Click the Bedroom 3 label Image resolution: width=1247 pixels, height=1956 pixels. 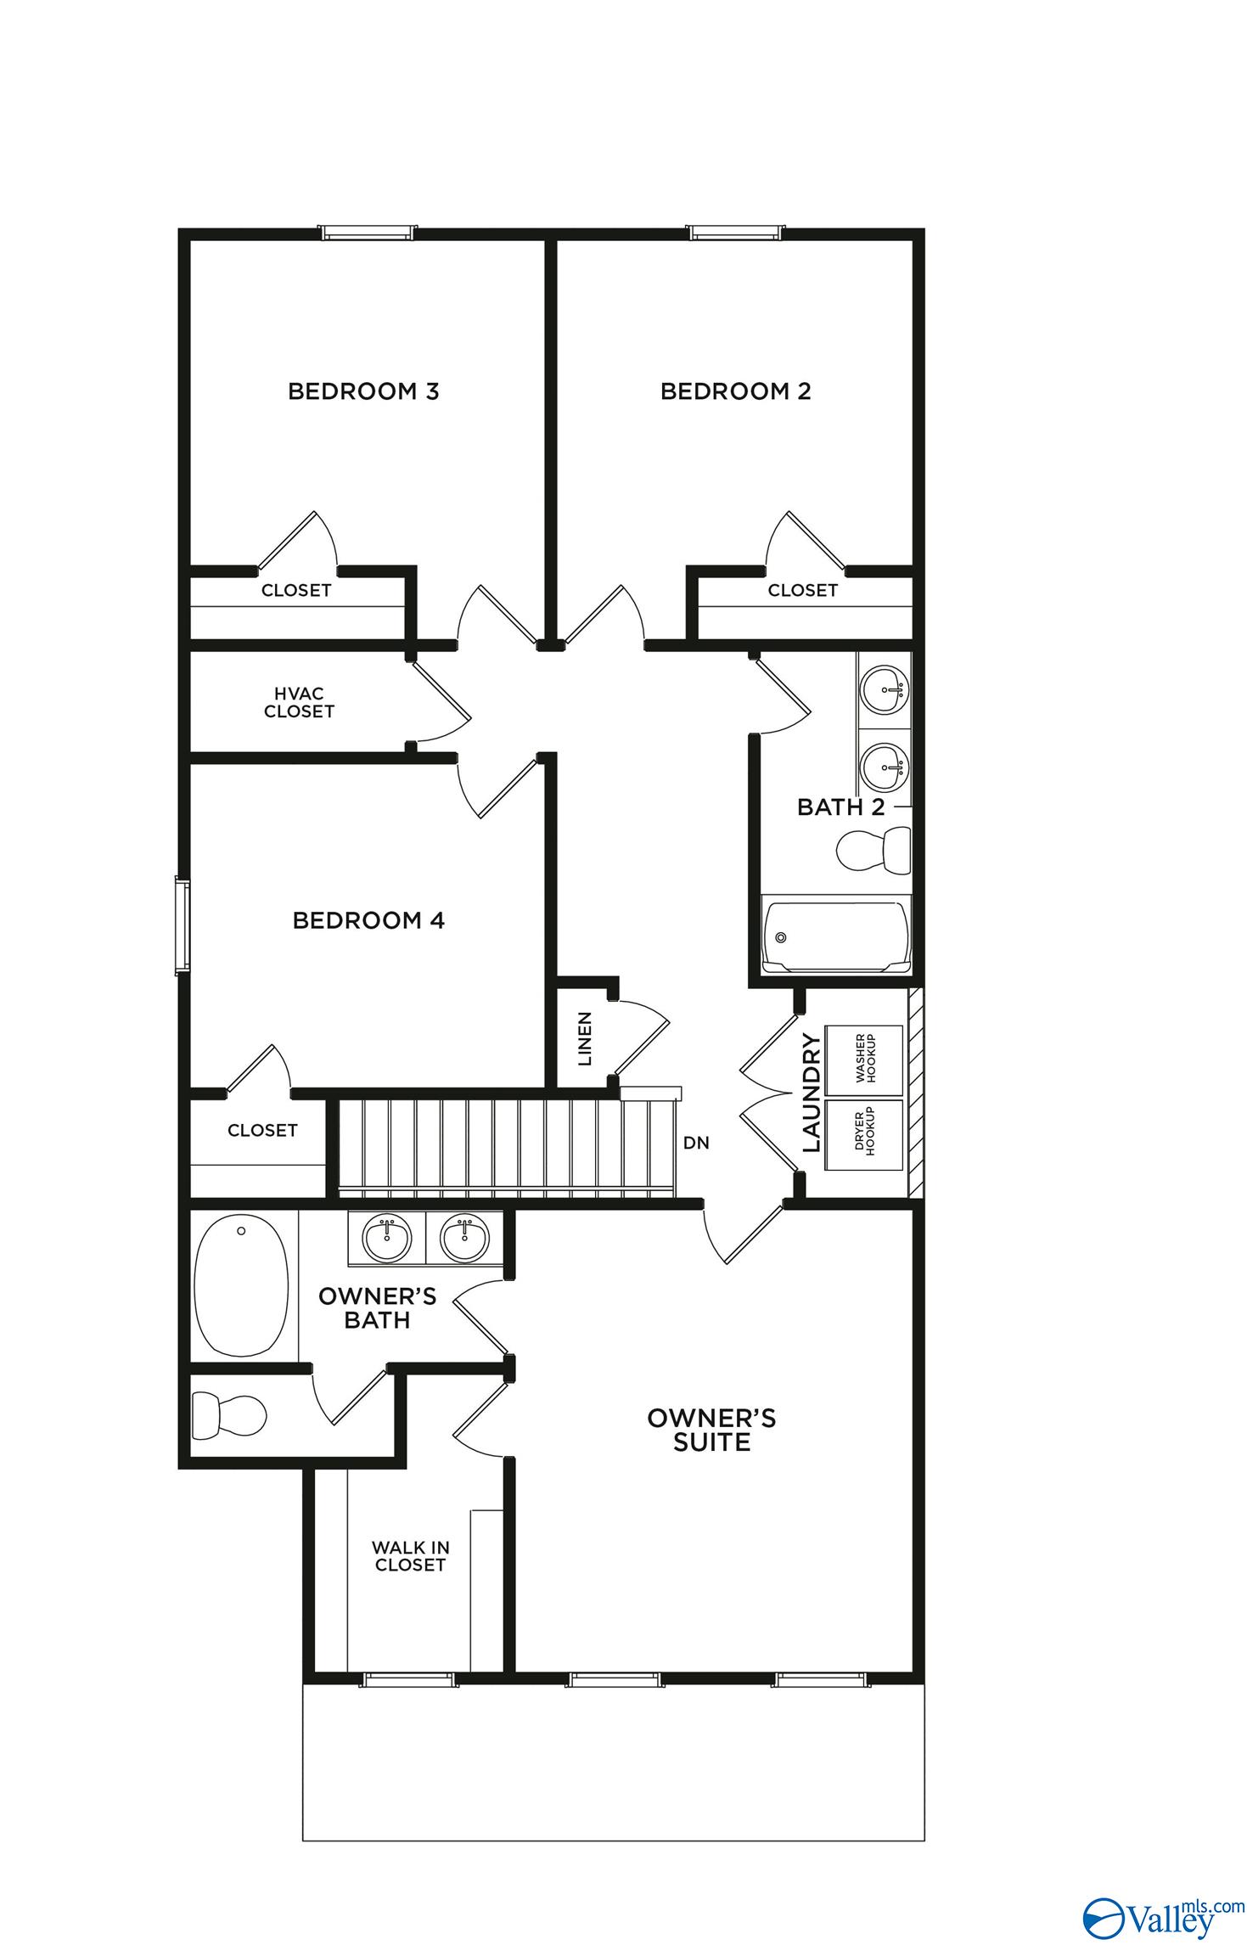click(363, 391)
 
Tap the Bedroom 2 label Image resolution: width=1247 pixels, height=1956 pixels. click(735, 391)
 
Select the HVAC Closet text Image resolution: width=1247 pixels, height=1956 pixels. click(299, 703)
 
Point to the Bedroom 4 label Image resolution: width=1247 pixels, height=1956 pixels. click(368, 920)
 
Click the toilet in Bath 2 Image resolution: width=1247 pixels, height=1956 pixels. click(873, 850)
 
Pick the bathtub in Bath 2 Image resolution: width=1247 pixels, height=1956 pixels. click(836, 936)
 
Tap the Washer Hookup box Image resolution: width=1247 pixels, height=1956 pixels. click(863, 1060)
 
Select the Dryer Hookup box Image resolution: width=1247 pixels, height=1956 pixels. click(863, 1134)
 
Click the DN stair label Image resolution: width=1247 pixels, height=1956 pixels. click(696, 1143)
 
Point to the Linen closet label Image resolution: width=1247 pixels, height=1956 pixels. click(585, 1039)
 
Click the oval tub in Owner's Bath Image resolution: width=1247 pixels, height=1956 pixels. click(241, 1285)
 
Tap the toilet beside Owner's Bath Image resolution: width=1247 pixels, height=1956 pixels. click(229, 1414)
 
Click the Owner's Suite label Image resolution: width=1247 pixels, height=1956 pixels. click(711, 1430)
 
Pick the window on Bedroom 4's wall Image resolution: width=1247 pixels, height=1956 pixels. click(183, 927)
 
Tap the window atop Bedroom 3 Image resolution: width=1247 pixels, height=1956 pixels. click(368, 232)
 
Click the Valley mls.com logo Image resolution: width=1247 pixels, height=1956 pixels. click(1161, 1912)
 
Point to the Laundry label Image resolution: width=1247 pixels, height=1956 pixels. click(812, 1094)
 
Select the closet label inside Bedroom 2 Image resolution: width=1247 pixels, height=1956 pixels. click(802, 590)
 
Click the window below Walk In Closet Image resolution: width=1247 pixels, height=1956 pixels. click(408, 1679)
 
